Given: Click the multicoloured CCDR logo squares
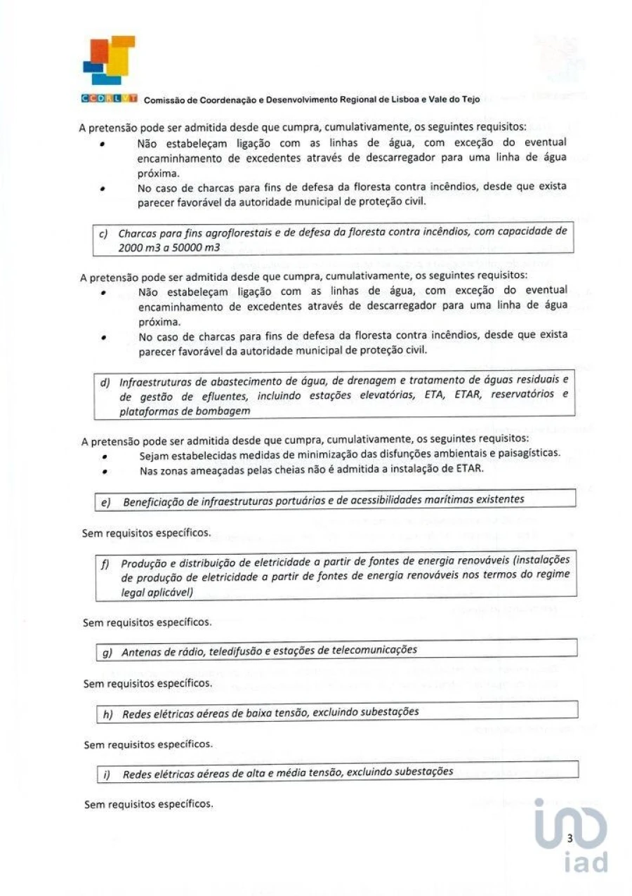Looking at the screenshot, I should click(x=109, y=60).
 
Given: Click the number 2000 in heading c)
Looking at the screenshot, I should click(x=131, y=247).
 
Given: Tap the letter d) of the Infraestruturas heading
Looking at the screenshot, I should click(x=107, y=383).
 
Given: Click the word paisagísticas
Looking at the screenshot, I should click(x=527, y=452).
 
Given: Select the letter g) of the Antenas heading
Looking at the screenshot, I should click(x=108, y=652).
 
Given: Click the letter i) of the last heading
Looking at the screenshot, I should click(x=107, y=774).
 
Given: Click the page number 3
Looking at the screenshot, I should click(x=570, y=838).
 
